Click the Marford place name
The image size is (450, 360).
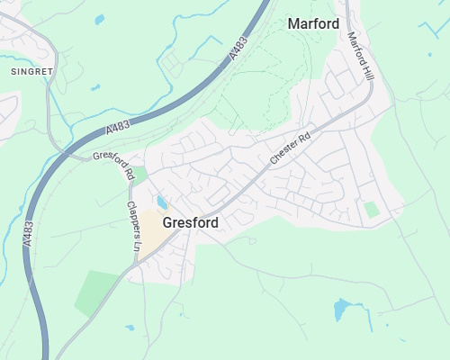(313, 23)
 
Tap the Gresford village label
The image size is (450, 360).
(191, 222)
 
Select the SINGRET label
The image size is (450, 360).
(32, 70)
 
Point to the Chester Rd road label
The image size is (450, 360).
(289, 148)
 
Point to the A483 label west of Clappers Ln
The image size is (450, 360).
(29, 234)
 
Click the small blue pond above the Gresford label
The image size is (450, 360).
(162, 202)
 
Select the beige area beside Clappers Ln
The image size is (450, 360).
(155, 232)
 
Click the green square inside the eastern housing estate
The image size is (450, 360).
(371, 210)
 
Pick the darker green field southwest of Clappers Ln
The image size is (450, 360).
(96, 292)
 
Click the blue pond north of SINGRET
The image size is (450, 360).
(99, 19)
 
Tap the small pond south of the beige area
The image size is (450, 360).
(130, 328)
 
